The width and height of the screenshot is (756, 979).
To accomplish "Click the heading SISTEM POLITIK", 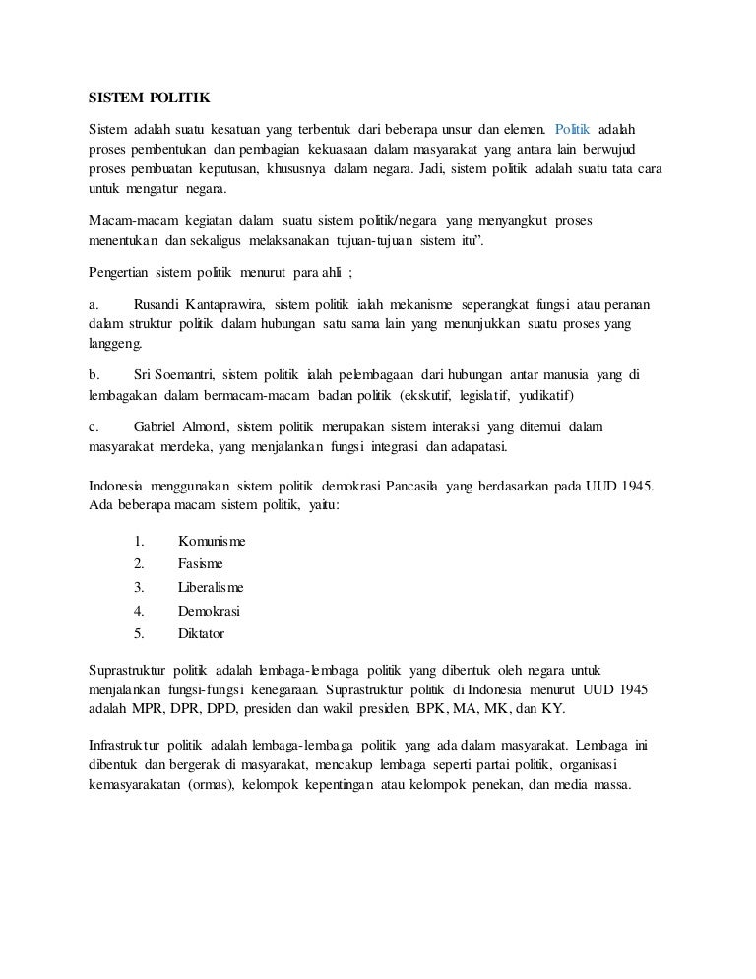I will pos(150,99).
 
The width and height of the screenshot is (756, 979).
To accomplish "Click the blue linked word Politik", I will pos(572,131).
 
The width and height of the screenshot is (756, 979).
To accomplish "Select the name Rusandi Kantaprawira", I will pos(198,303).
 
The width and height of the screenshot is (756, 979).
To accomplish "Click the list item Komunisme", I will pos(212,541).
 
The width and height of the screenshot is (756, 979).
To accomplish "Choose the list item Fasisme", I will pos(200,563).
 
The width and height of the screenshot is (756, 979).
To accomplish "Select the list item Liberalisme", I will pos(211,586).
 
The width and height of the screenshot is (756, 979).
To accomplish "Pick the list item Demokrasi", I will pos(209,610).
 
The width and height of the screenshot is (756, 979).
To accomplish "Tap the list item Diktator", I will pos(201,632).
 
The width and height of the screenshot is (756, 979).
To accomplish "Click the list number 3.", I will pos(139,586).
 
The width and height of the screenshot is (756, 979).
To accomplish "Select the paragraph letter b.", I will pos(94,375).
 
